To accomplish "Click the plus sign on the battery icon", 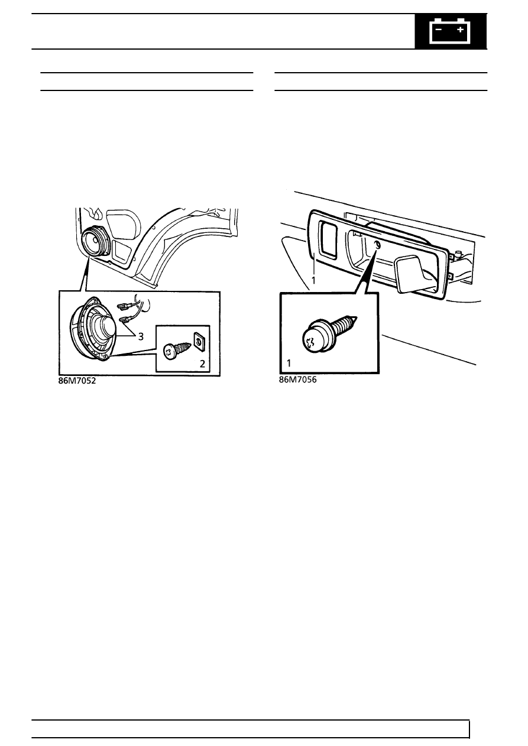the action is click(460, 30).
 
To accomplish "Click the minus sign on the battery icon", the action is click(439, 30).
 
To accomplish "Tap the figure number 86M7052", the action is click(77, 381).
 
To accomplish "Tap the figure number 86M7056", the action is click(297, 380).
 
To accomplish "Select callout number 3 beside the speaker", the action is click(141, 337).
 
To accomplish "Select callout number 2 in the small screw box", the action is click(202, 364).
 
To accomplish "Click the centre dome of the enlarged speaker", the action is click(104, 324).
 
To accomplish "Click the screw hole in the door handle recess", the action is click(377, 245).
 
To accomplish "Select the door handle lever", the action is click(413, 273).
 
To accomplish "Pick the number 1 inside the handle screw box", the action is click(289, 363).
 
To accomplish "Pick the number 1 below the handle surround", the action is click(313, 281).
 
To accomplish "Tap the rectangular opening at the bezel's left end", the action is click(328, 239).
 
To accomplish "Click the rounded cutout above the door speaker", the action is click(122, 224).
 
